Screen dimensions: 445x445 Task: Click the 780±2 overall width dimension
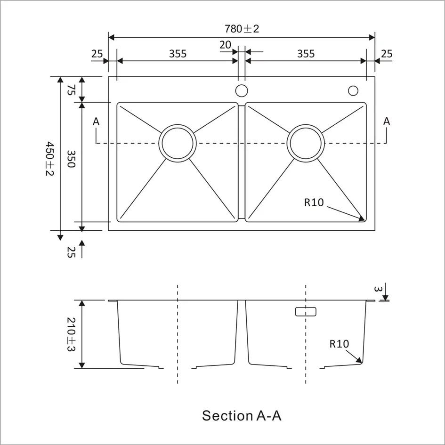(242, 29)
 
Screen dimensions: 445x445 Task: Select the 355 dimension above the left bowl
(178, 54)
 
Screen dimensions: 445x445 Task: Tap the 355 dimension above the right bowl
(306, 54)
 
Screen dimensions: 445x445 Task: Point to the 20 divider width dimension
(225, 45)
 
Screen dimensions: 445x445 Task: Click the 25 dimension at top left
(97, 54)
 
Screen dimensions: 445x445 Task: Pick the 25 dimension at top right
(386, 54)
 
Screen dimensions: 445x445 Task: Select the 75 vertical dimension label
(71, 89)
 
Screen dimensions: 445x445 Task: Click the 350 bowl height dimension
(71, 162)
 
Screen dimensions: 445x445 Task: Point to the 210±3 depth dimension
(71, 334)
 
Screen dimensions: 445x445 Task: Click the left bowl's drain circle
(178, 143)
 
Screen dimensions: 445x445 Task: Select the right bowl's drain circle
(306, 143)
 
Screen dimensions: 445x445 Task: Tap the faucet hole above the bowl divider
(242, 90)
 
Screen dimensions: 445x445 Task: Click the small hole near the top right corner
(353, 90)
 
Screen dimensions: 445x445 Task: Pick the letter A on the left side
(96, 121)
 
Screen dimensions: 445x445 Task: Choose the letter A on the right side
(387, 121)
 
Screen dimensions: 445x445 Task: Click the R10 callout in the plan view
(314, 202)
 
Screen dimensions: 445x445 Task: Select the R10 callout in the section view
(339, 344)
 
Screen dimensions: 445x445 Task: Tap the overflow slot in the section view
(306, 311)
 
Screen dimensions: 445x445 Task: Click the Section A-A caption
(242, 416)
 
